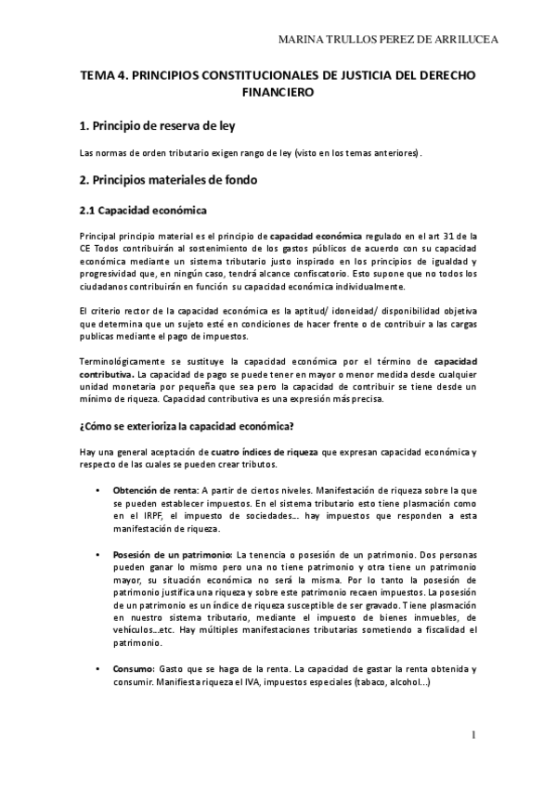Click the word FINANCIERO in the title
coord(278,93)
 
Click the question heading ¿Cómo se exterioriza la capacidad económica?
coord(187,427)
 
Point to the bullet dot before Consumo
coord(97,669)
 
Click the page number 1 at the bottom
coord(472,736)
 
